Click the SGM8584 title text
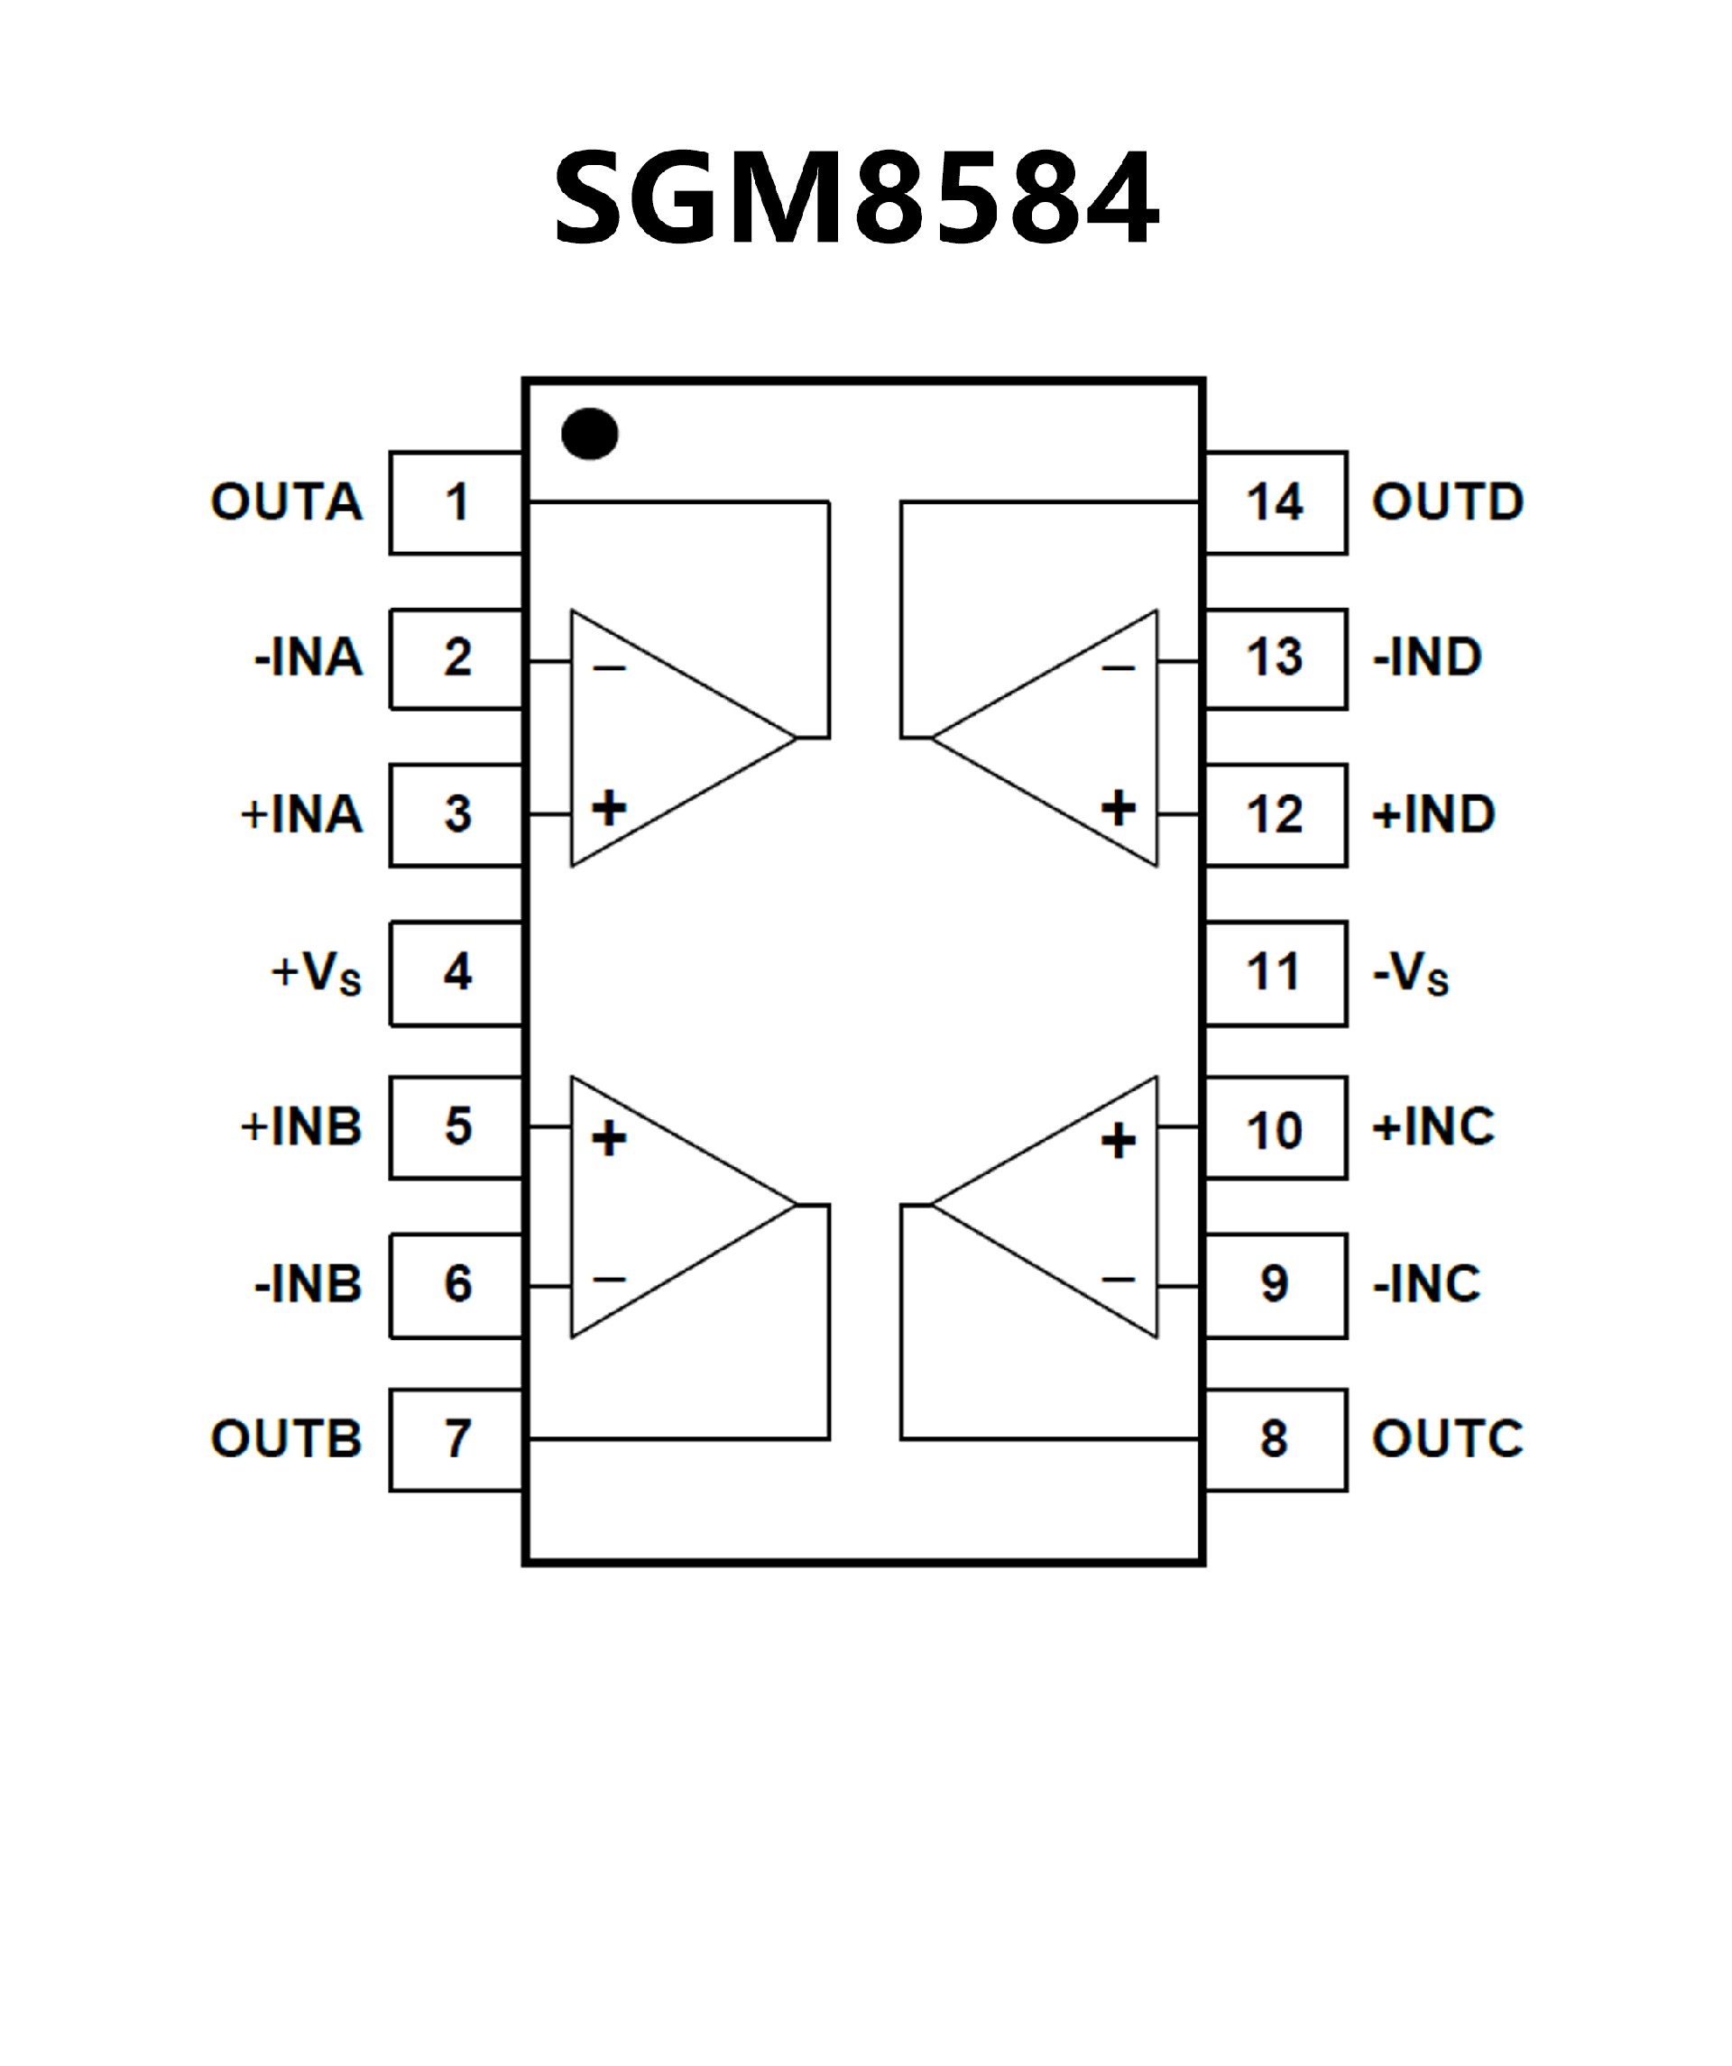tap(856, 197)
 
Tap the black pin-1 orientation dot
tap(589, 434)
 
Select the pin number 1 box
tap(456, 502)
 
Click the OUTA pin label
tap(286, 501)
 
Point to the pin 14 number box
tap(1276, 502)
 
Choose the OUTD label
tap(1448, 501)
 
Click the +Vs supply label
tap(317, 973)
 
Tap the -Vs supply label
tap(1410, 973)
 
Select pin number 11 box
tap(1276, 973)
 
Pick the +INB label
tap(302, 1126)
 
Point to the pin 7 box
tap(456, 1439)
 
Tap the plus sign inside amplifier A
tap(609, 808)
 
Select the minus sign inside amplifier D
tap(1118, 669)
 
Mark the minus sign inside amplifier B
tap(609, 1279)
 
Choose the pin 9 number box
tap(1276, 1284)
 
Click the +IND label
tap(1433, 814)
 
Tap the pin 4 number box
tap(456, 973)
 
